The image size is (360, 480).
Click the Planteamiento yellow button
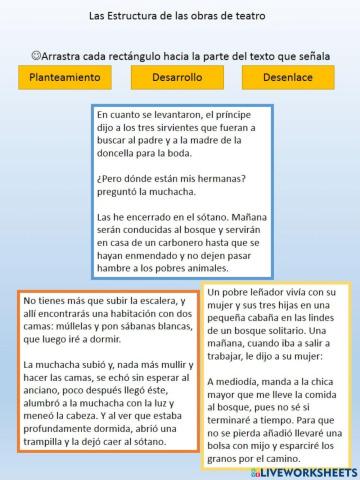click(x=61, y=76)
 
